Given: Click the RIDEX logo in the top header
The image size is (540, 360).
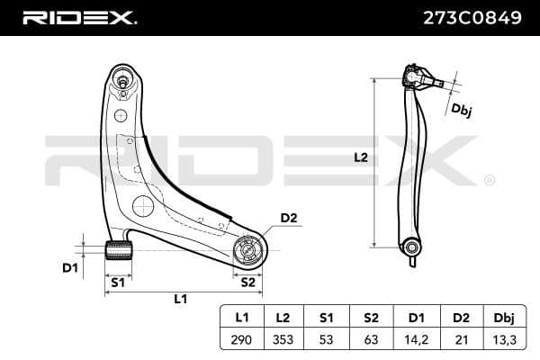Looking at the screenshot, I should (x=79, y=17).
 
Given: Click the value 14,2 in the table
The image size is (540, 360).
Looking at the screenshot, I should (x=415, y=339).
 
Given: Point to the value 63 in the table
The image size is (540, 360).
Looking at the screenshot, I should (x=372, y=339).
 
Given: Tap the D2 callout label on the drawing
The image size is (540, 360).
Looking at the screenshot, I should (x=288, y=218).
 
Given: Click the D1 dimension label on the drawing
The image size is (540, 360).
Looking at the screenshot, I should (x=69, y=267).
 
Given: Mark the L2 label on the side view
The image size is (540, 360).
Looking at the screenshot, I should (x=359, y=157).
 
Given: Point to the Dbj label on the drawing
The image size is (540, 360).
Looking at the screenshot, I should (x=462, y=112).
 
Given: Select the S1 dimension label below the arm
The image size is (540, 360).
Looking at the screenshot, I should (x=116, y=282).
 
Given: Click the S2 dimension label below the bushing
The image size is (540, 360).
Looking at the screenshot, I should (x=248, y=282).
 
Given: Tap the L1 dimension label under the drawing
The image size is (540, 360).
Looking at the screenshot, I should (x=179, y=299).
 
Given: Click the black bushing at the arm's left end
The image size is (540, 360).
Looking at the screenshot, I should (x=117, y=249).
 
